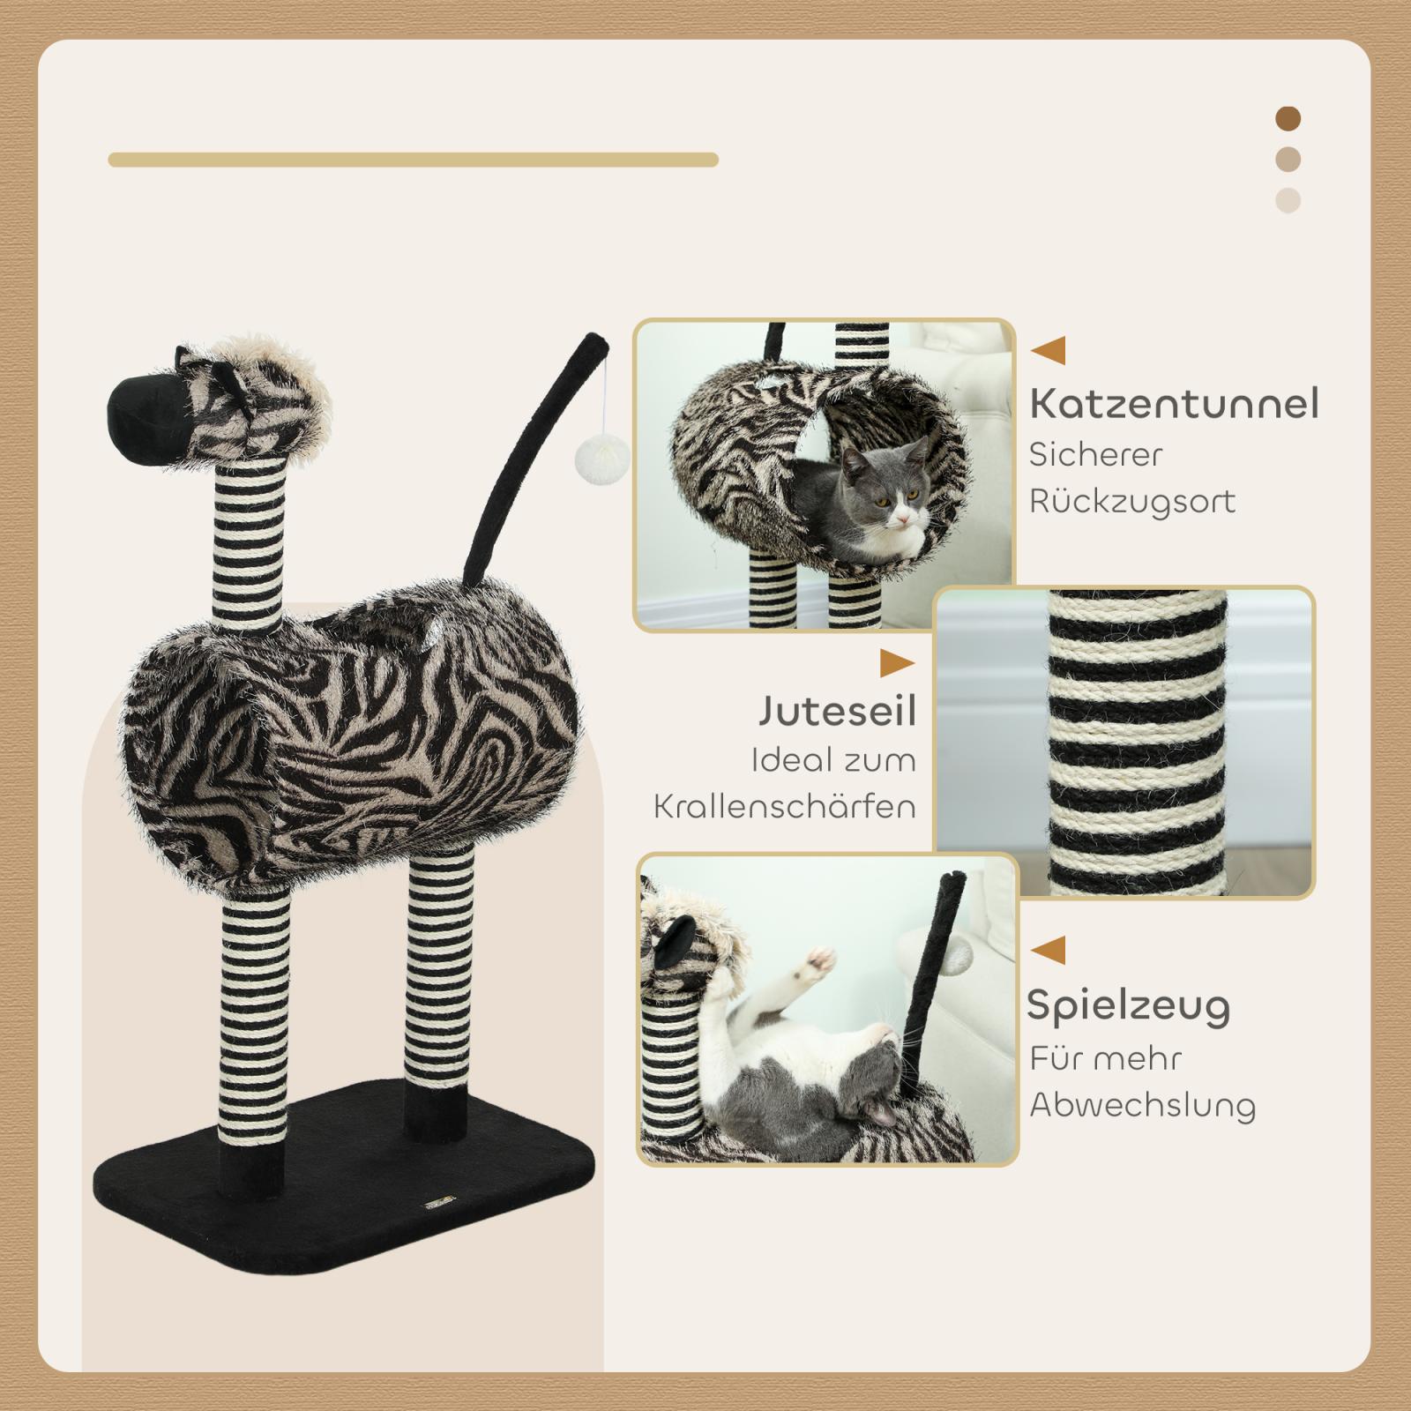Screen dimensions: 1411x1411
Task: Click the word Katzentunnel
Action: point(1175,404)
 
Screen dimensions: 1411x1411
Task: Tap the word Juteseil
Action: point(837,712)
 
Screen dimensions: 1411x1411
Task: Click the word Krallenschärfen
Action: point(785,806)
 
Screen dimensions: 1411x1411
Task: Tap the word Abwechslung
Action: point(1143,1106)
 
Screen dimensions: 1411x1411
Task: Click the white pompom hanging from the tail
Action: point(592,458)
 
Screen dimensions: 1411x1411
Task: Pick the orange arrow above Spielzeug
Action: point(1049,951)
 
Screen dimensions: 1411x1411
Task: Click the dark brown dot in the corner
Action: point(1288,118)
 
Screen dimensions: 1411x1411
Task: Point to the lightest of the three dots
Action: point(1288,200)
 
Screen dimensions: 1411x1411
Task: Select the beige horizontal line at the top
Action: point(413,160)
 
